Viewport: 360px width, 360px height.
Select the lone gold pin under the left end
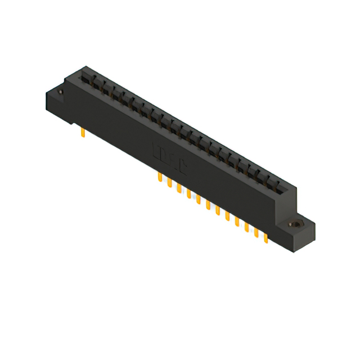[83, 133]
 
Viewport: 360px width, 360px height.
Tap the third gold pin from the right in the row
[247, 229]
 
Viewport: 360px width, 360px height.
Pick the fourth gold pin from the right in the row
[237, 223]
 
